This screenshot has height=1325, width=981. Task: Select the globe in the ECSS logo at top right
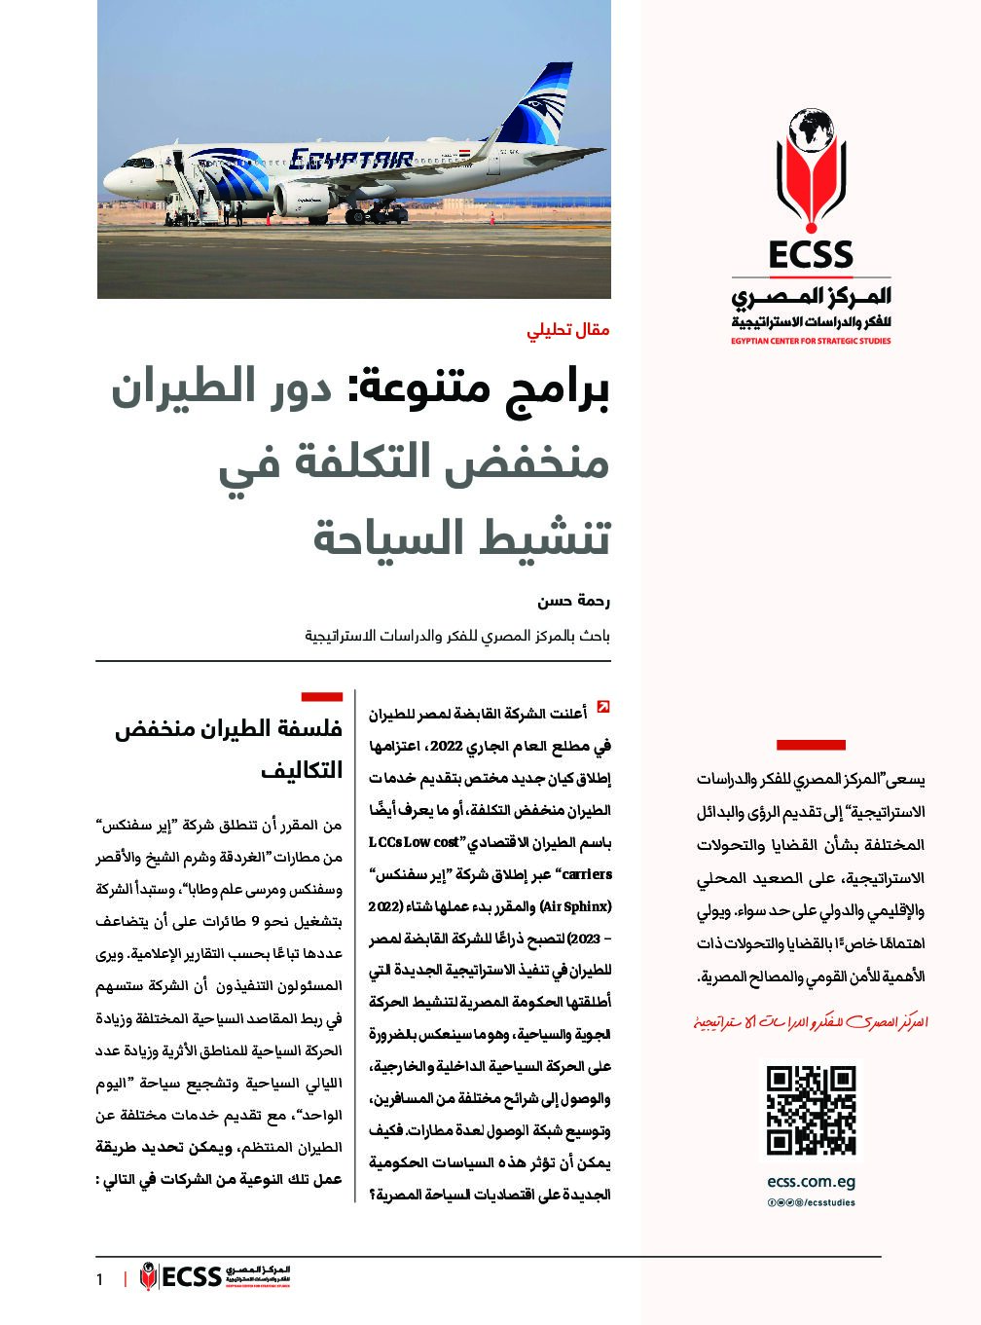coord(812,132)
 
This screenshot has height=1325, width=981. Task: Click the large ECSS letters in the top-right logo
coord(810,254)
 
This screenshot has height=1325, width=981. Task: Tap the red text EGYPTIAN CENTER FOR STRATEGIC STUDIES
coord(811,342)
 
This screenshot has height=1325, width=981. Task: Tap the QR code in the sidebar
coord(811,1110)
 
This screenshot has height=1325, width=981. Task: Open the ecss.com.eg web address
coord(811,1183)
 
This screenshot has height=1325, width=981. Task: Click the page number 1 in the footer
coord(99,1279)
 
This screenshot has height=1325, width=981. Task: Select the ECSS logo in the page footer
coord(215,1276)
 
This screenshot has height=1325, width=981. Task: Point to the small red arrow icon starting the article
coord(603,708)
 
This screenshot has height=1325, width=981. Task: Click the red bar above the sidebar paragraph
coord(811,746)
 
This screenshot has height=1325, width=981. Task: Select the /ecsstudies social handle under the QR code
coord(826,1202)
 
